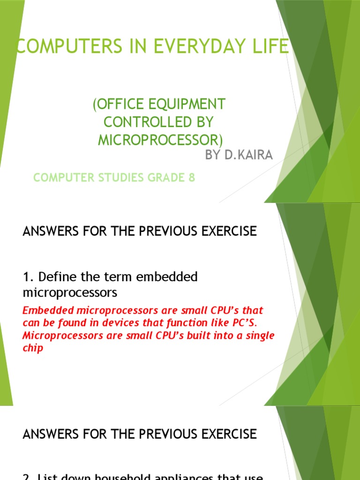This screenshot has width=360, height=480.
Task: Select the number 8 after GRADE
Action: tap(192, 178)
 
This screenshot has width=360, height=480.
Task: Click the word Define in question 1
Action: tap(52, 277)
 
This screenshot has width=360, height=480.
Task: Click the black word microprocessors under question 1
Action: tap(70, 293)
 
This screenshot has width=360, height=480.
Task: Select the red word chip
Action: tap(32, 349)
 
